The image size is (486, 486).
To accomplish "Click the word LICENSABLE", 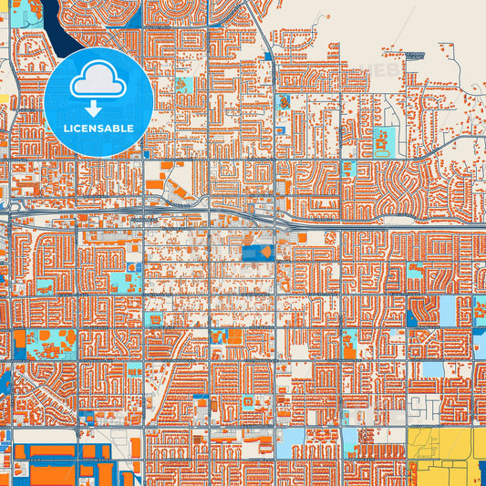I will tap(98, 129).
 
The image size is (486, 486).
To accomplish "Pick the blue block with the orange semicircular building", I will tap(260, 252).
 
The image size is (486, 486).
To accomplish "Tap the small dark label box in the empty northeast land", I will tap(415, 56).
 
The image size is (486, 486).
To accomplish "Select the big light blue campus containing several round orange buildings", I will tap(50, 344).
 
